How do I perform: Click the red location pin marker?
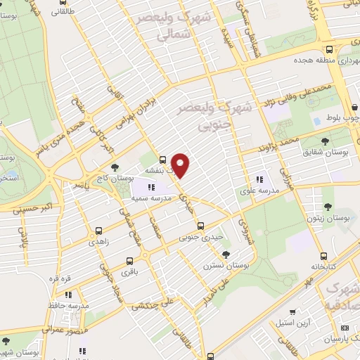pyautogui.click(x=181, y=165)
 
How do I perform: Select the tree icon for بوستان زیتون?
pyautogui.click(x=328, y=206)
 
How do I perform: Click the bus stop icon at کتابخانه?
pyautogui.click(x=323, y=256)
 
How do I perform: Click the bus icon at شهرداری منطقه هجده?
pyautogui.click(x=330, y=49)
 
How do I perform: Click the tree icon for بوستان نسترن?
pyautogui.click(x=225, y=254)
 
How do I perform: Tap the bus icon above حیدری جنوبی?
pyautogui.click(x=201, y=226)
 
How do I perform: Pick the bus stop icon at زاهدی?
pyautogui.click(x=98, y=231)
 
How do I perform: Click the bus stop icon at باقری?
pyautogui.click(x=129, y=259)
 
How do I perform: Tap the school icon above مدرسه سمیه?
pyautogui.click(x=151, y=187)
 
